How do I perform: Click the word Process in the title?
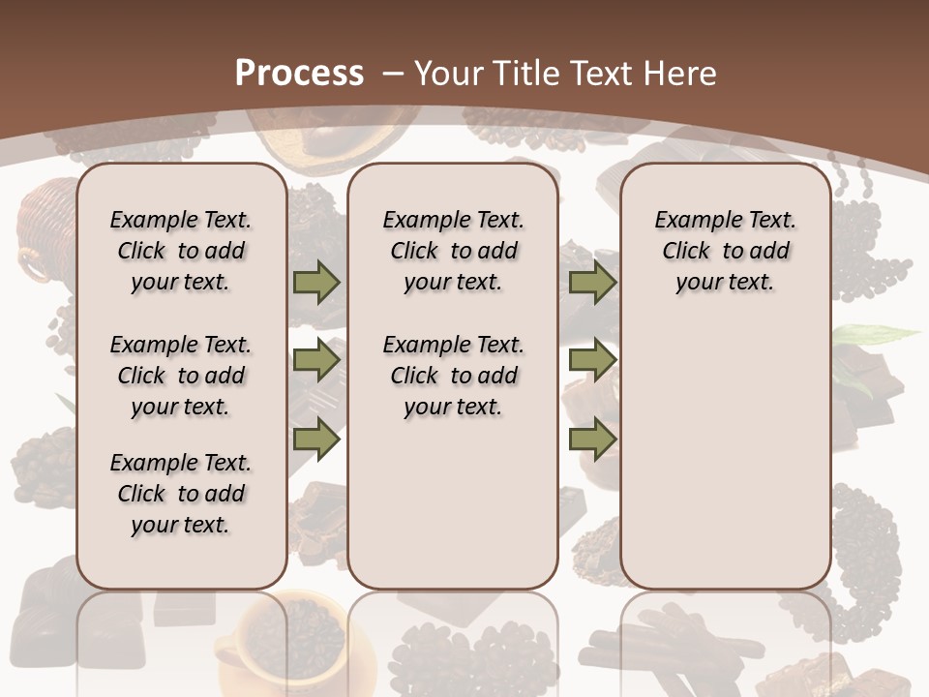(x=299, y=73)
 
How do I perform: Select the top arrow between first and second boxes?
(x=316, y=283)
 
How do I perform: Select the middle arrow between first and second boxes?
(x=316, y=361)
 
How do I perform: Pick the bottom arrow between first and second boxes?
(x=316, y=439)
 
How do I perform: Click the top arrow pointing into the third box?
(x=592, y=283)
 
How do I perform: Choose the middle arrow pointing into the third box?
(x=592, y=361)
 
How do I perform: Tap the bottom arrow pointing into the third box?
(x=592, y=439)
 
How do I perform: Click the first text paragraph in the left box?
(x=181, y=251)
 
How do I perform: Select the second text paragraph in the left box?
(x=181, y=376)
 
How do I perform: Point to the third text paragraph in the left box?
(x=181, y=494)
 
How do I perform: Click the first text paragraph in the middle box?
(x=454, y=251)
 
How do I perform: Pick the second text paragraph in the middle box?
(x=454, y=376)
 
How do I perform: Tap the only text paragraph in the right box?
(x=726, y=251)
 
